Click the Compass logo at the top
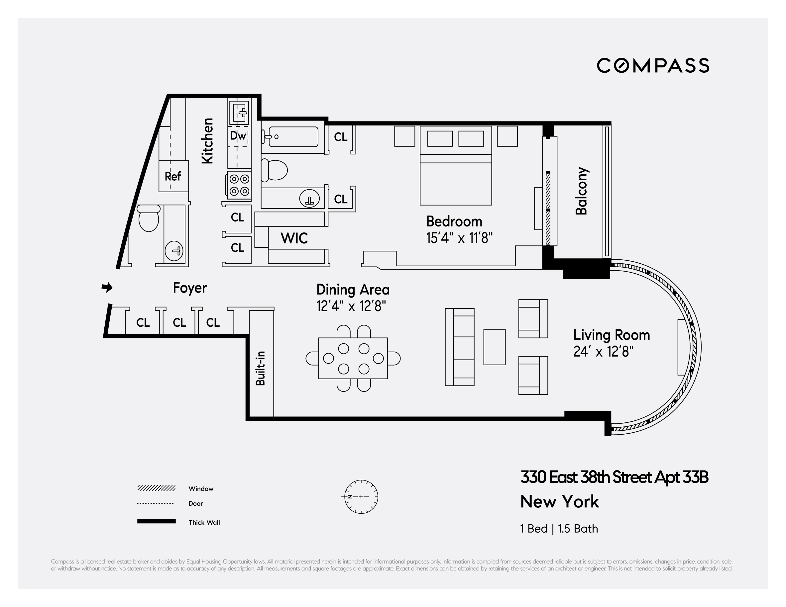(x=653, y=65)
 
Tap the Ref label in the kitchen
(x=173, y=176)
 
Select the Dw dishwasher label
(x=238, y=135)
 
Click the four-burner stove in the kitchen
(x=239, y=185)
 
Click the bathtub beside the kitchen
(x=293, y=137)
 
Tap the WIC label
(x=294, y=238)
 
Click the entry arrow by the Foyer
(x=107, y=287)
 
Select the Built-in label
(x=260, y=368)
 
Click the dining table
(x=353, y=358)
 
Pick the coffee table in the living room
(x=495, y=347)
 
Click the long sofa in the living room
(x=460, y=347)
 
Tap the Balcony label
(x=582, y=191)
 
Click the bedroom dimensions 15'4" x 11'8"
(x=459, y=238)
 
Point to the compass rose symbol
(x=361, y=497)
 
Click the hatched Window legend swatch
(x=156, y=488)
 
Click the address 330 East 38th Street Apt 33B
(x=614, y=477)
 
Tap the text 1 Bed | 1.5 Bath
(x=559, y=529)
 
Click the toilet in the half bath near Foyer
(x=148, y=218)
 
